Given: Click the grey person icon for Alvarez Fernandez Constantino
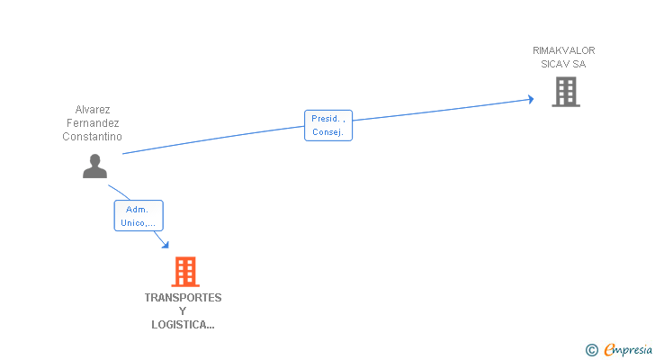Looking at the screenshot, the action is [94, 166].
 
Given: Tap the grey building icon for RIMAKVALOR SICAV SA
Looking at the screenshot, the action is [565, 91].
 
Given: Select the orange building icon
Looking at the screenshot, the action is [184, 271].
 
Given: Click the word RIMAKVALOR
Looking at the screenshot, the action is [563, 50].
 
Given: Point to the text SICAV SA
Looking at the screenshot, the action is [563, 64].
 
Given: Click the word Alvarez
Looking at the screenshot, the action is [93, 110].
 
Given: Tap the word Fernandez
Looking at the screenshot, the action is [93, 123].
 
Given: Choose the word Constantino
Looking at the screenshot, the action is [93, 137].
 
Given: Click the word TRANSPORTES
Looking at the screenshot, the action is [183, 298].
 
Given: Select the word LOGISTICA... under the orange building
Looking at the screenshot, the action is [183, 325].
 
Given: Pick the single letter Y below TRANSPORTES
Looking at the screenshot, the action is [183, 311].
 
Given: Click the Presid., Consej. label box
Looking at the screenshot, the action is [328, 125].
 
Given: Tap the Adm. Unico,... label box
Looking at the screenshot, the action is [139, 216].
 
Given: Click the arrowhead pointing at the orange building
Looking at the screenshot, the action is [165, 244].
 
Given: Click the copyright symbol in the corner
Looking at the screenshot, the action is [591, 350].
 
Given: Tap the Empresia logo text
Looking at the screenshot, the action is [628, 350].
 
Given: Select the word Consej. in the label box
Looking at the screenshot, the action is [328, 132].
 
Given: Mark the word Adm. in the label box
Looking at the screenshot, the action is [138, 209].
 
